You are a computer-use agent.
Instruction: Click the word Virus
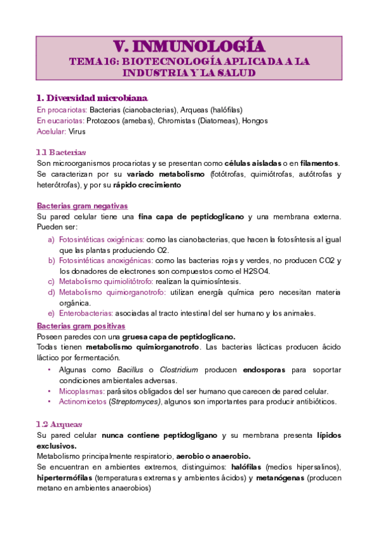pyautogui.click(x=77, y=131)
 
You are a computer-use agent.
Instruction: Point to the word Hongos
pyautogui.click(x=255, y=121)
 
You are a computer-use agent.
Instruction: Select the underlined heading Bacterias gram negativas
pyautogui.click(x=82, y=206)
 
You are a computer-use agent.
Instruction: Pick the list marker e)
pyautogui.click(x=51, y=314)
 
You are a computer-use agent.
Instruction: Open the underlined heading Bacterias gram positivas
pyautogui.click(x=81, y=326)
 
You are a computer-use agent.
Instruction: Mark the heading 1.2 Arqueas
pyautogui.click(x=60, y=424)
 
